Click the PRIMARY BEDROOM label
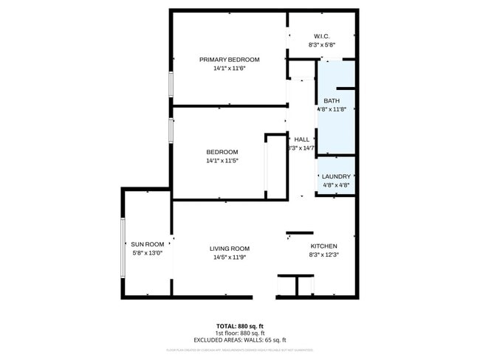[x=229, y=60]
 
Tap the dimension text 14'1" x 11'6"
[x=229, y=68]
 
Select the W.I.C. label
[x=321, y=36]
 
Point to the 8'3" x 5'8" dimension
[x=321, y=44]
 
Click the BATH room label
[x=332, y=101]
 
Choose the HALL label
[x=301, y=139]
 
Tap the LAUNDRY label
[x=336, y=177]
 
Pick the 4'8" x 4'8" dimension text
[x=336, y=185]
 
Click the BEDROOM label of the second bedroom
[x=222, y=152]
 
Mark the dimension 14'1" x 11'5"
[x=222, y=160]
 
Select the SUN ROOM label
[x=147, y=244]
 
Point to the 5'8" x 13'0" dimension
[x=147, y=252]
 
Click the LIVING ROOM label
[x=230, y=249]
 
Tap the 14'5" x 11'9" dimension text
[x=230, y=257]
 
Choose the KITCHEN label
[x=323, y=246]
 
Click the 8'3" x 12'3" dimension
[x=323, y=255]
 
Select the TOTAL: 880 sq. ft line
[x=241, y=325]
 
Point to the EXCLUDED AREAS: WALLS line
[x=241, y=339]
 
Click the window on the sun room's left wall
[x=123, y=246]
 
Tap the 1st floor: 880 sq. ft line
[x=241, y=333]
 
